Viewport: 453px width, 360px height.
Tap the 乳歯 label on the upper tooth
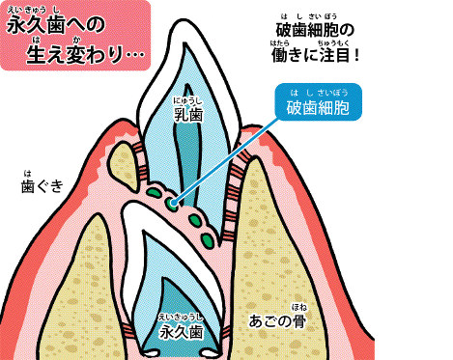point(187,115)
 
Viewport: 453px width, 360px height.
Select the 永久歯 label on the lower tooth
point(184,333)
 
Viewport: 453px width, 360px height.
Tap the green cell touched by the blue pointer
point(172,203)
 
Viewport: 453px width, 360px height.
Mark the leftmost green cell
point(155,193)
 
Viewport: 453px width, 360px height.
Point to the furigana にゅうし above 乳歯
point(187,99)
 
